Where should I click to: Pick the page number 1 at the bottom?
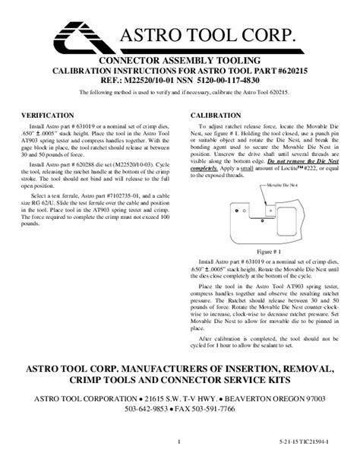tap(177, 441)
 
